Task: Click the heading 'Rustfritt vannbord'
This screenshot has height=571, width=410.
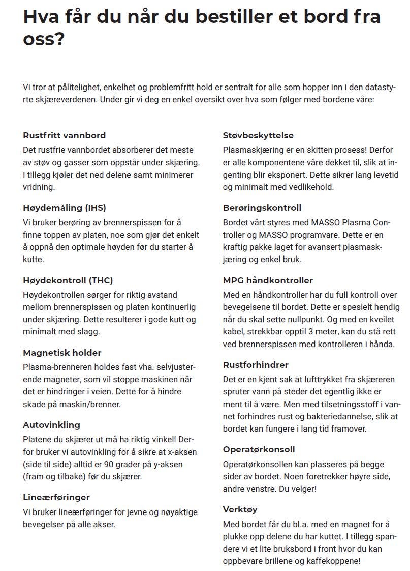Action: (65, 135)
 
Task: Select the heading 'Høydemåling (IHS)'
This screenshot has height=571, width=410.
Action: (65, 208)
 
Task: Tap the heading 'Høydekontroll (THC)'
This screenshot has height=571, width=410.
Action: (68, 280)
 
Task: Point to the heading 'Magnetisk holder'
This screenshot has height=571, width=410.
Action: (62, 353)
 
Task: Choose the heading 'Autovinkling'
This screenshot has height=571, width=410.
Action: (51, 425)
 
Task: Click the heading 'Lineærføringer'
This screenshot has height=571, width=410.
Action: (56, 497)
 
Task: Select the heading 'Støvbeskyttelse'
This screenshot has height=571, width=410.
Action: (258, 135)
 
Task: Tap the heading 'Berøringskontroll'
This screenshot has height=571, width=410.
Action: (262, 208)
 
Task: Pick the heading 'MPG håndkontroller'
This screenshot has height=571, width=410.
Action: (268, 280)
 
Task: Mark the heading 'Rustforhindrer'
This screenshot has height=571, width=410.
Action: (256, 365)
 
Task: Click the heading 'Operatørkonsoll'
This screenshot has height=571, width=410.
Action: (259, 449)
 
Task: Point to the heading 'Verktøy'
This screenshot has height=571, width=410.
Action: (240, 509)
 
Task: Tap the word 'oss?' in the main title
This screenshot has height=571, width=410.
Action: (44, 39)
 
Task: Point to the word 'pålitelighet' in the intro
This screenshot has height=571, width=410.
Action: (71, 87)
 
